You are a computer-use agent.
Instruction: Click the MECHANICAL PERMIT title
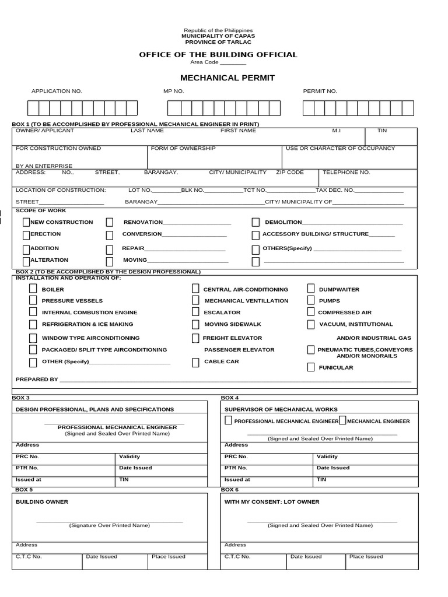(219, 78)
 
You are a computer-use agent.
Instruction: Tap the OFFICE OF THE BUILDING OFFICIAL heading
(218, 55)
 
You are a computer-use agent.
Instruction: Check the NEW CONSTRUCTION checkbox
(26, 222)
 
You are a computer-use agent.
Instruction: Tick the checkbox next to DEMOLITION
(256, 222)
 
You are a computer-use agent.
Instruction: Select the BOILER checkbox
(33, 289)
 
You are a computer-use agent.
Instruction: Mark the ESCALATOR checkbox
(195, 312)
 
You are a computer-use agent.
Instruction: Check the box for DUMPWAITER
(311, 289)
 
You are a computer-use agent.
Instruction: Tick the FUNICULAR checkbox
(311, 367)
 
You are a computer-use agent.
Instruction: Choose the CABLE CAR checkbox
(195, 362)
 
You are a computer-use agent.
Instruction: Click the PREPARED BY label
(37, 380)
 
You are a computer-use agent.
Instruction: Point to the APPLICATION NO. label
(57, 92)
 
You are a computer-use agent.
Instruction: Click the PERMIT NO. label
(320, 92)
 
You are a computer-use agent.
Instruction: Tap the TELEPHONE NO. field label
(346, 173)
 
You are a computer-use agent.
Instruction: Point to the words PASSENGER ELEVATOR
(239, 350)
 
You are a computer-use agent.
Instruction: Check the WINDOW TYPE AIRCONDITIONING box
(33, 338)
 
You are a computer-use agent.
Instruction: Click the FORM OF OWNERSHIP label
(183, 149)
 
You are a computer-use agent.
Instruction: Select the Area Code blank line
(233, 62)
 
